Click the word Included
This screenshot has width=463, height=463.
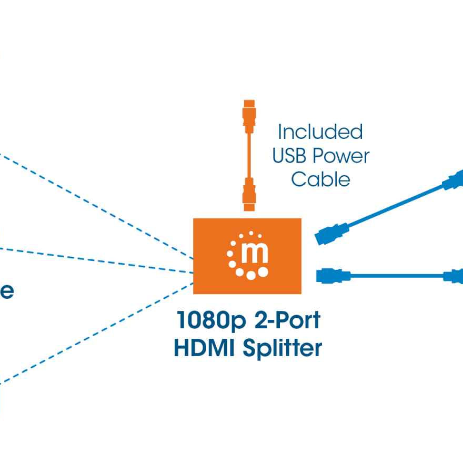(320, 132)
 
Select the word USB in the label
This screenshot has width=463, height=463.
(289, 156)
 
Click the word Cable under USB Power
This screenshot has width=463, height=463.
(320, 179)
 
